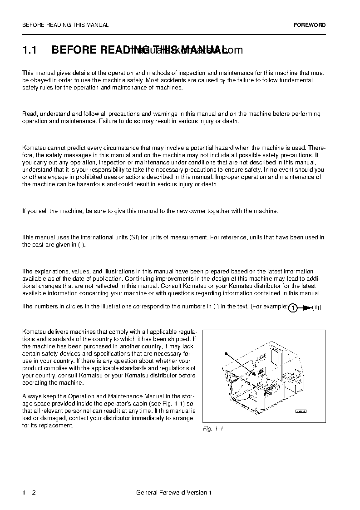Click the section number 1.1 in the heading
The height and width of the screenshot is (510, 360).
(x=30, y=50)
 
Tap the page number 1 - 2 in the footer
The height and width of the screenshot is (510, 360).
(x=29, y=493)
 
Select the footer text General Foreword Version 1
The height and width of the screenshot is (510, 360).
(x=174, y=493)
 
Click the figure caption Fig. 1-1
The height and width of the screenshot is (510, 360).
(x=213, y=429)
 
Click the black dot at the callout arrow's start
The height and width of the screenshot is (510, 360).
(x=225, y=353)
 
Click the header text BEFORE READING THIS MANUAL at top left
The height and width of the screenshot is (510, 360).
(x=65, y=25)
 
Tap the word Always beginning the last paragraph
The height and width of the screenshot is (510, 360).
(x=32, y=396)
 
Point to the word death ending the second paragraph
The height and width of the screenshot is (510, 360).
(x=230, y=121)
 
